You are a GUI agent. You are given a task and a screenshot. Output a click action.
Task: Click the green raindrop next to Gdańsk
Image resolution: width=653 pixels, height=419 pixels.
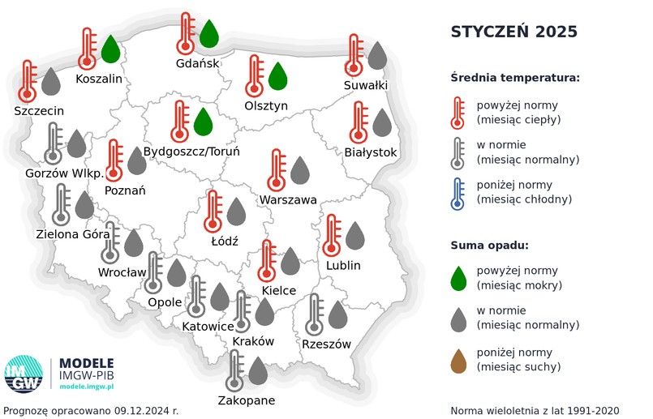point(209,34)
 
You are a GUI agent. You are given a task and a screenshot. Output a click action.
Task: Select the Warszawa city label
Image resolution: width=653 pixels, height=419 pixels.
point(288,199)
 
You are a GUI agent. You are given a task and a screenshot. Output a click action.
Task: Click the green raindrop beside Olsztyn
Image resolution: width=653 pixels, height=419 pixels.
point(278,76)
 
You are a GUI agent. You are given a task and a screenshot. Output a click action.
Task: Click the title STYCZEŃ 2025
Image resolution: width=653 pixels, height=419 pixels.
point(514,32)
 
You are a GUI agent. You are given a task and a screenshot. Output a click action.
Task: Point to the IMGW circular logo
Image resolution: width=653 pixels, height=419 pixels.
point(24,375)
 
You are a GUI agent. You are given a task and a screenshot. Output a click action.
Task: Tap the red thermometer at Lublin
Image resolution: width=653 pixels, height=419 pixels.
point(331,236)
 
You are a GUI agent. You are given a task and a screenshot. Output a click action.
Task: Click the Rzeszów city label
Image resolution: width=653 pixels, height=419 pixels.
point(326,344)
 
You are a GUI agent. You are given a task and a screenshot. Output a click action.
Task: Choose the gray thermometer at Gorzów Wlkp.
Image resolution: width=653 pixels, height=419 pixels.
point(54,144)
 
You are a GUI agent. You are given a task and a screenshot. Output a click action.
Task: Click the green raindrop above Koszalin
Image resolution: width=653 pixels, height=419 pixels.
point(110,49)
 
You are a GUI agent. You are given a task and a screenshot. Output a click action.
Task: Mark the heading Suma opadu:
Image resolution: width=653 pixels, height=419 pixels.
point(490,246)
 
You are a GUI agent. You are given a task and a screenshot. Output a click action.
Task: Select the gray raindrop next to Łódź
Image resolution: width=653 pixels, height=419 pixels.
point(236,212)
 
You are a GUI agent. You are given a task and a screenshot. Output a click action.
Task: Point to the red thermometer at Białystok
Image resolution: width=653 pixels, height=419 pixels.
point(359,123)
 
